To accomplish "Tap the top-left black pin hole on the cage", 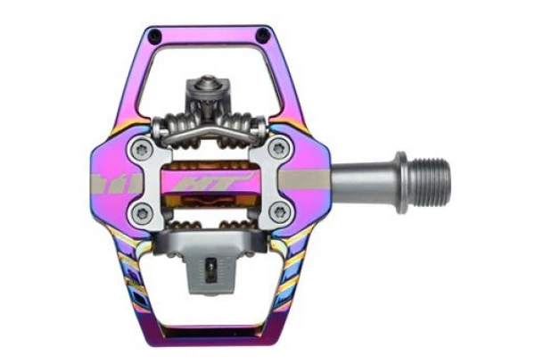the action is coord(155,35).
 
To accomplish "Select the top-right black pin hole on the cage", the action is coord(262,34).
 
